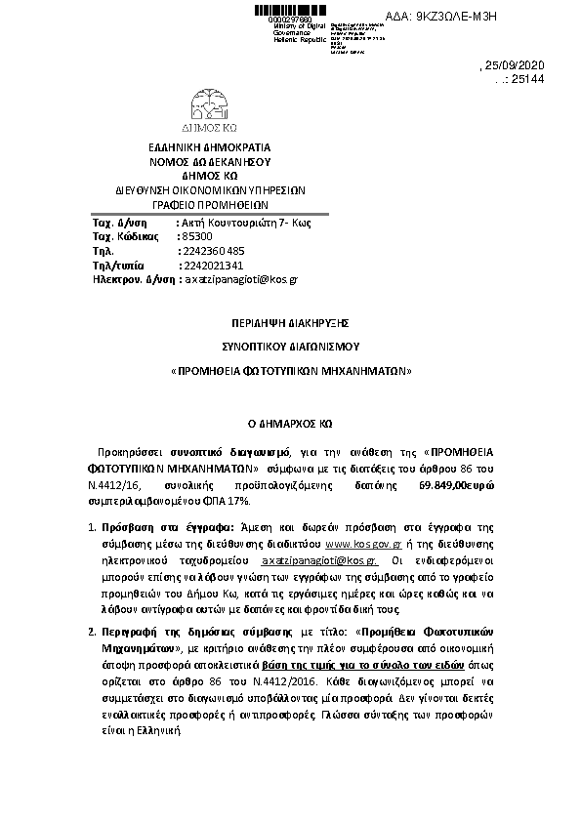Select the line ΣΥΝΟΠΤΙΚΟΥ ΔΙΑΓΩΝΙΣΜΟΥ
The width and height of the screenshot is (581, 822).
pos(290,346)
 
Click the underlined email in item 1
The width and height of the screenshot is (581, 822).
pos(319,562)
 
